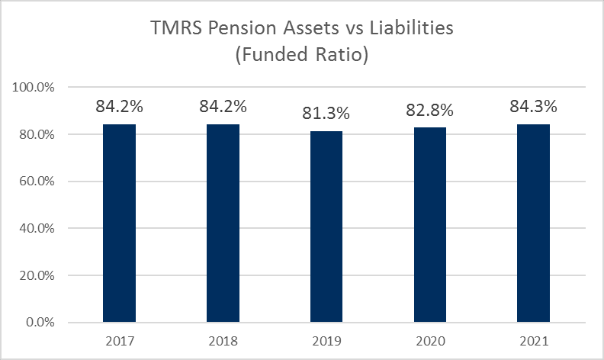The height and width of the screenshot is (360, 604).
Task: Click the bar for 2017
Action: click(x=119, y=223)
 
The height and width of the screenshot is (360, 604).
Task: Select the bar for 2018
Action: click(x=223, y=223)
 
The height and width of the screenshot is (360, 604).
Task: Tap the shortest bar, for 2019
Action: click(x=326, y=227)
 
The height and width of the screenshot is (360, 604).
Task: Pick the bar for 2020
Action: click(x=430, y=224)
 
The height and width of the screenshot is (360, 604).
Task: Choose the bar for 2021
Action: click(x=533, y=223)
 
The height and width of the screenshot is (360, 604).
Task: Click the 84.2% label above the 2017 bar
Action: click(x=119, y=107)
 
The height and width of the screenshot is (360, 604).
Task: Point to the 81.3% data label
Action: click(x=326, y=114)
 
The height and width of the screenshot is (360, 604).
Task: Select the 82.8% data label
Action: click(x=430, y=111)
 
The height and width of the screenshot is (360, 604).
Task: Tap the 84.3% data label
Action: click(x=533, y=107)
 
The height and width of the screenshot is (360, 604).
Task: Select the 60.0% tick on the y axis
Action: click(x=36, y=182)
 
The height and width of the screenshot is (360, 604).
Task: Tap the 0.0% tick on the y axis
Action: click(x=39, y=322)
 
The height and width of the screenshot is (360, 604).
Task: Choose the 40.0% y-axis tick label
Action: click(x=36, y=228)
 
